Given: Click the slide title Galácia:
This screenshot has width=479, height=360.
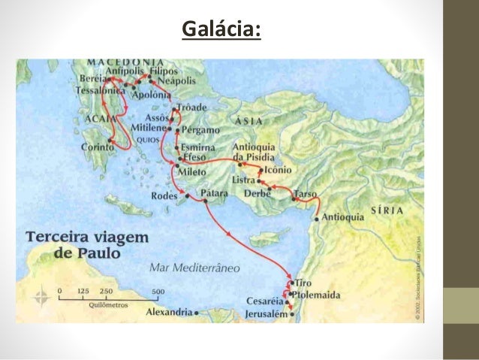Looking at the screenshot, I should point(222,30).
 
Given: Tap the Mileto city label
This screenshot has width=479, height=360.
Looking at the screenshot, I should point(195,171).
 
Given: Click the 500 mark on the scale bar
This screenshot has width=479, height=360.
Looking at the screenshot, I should point(158,290).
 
